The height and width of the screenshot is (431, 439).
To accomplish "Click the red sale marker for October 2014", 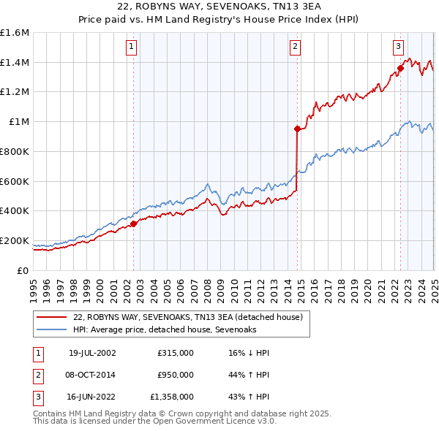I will (x=297, y=129).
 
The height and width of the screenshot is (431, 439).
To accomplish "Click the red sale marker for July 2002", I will (x=134, y=224).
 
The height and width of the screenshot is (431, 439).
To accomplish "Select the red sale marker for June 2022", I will (x=400, y=69).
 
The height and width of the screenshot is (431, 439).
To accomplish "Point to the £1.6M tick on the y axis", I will (x=15, y=33).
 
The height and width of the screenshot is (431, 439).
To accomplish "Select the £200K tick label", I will (x=15, y=240).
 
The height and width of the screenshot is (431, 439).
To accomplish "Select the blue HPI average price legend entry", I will (x=164, y=330).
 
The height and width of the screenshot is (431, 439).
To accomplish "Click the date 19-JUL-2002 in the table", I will (x=92, y=354).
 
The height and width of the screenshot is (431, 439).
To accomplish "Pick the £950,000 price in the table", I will (x=176, y=375).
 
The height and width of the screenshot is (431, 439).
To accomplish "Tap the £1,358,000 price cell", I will (x=173, y=397).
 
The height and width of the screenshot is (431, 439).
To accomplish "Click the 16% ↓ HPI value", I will (x=249, y=354).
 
